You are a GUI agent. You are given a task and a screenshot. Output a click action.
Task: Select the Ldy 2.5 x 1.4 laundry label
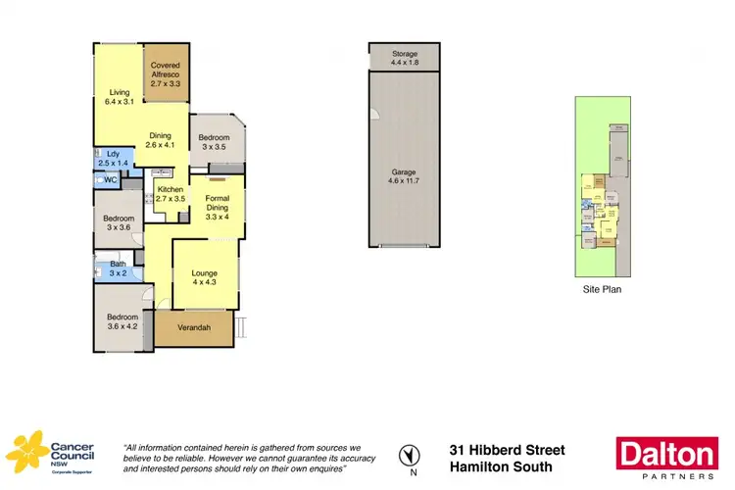pyautogui.click(x=115, y=157)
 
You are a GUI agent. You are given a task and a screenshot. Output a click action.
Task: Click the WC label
pyautogui.click(x=111, y=180)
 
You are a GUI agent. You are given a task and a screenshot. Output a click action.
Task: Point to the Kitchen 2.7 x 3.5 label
pyautogui.click(x=169, y=193)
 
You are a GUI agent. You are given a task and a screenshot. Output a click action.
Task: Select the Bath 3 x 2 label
pyautogui.click(x=118, y=269)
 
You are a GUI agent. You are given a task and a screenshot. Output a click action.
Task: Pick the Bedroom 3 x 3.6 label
pyautogui.click(x=118, y=223)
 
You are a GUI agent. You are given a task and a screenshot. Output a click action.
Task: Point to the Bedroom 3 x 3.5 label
pyautogui.click(x=214, y=142)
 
